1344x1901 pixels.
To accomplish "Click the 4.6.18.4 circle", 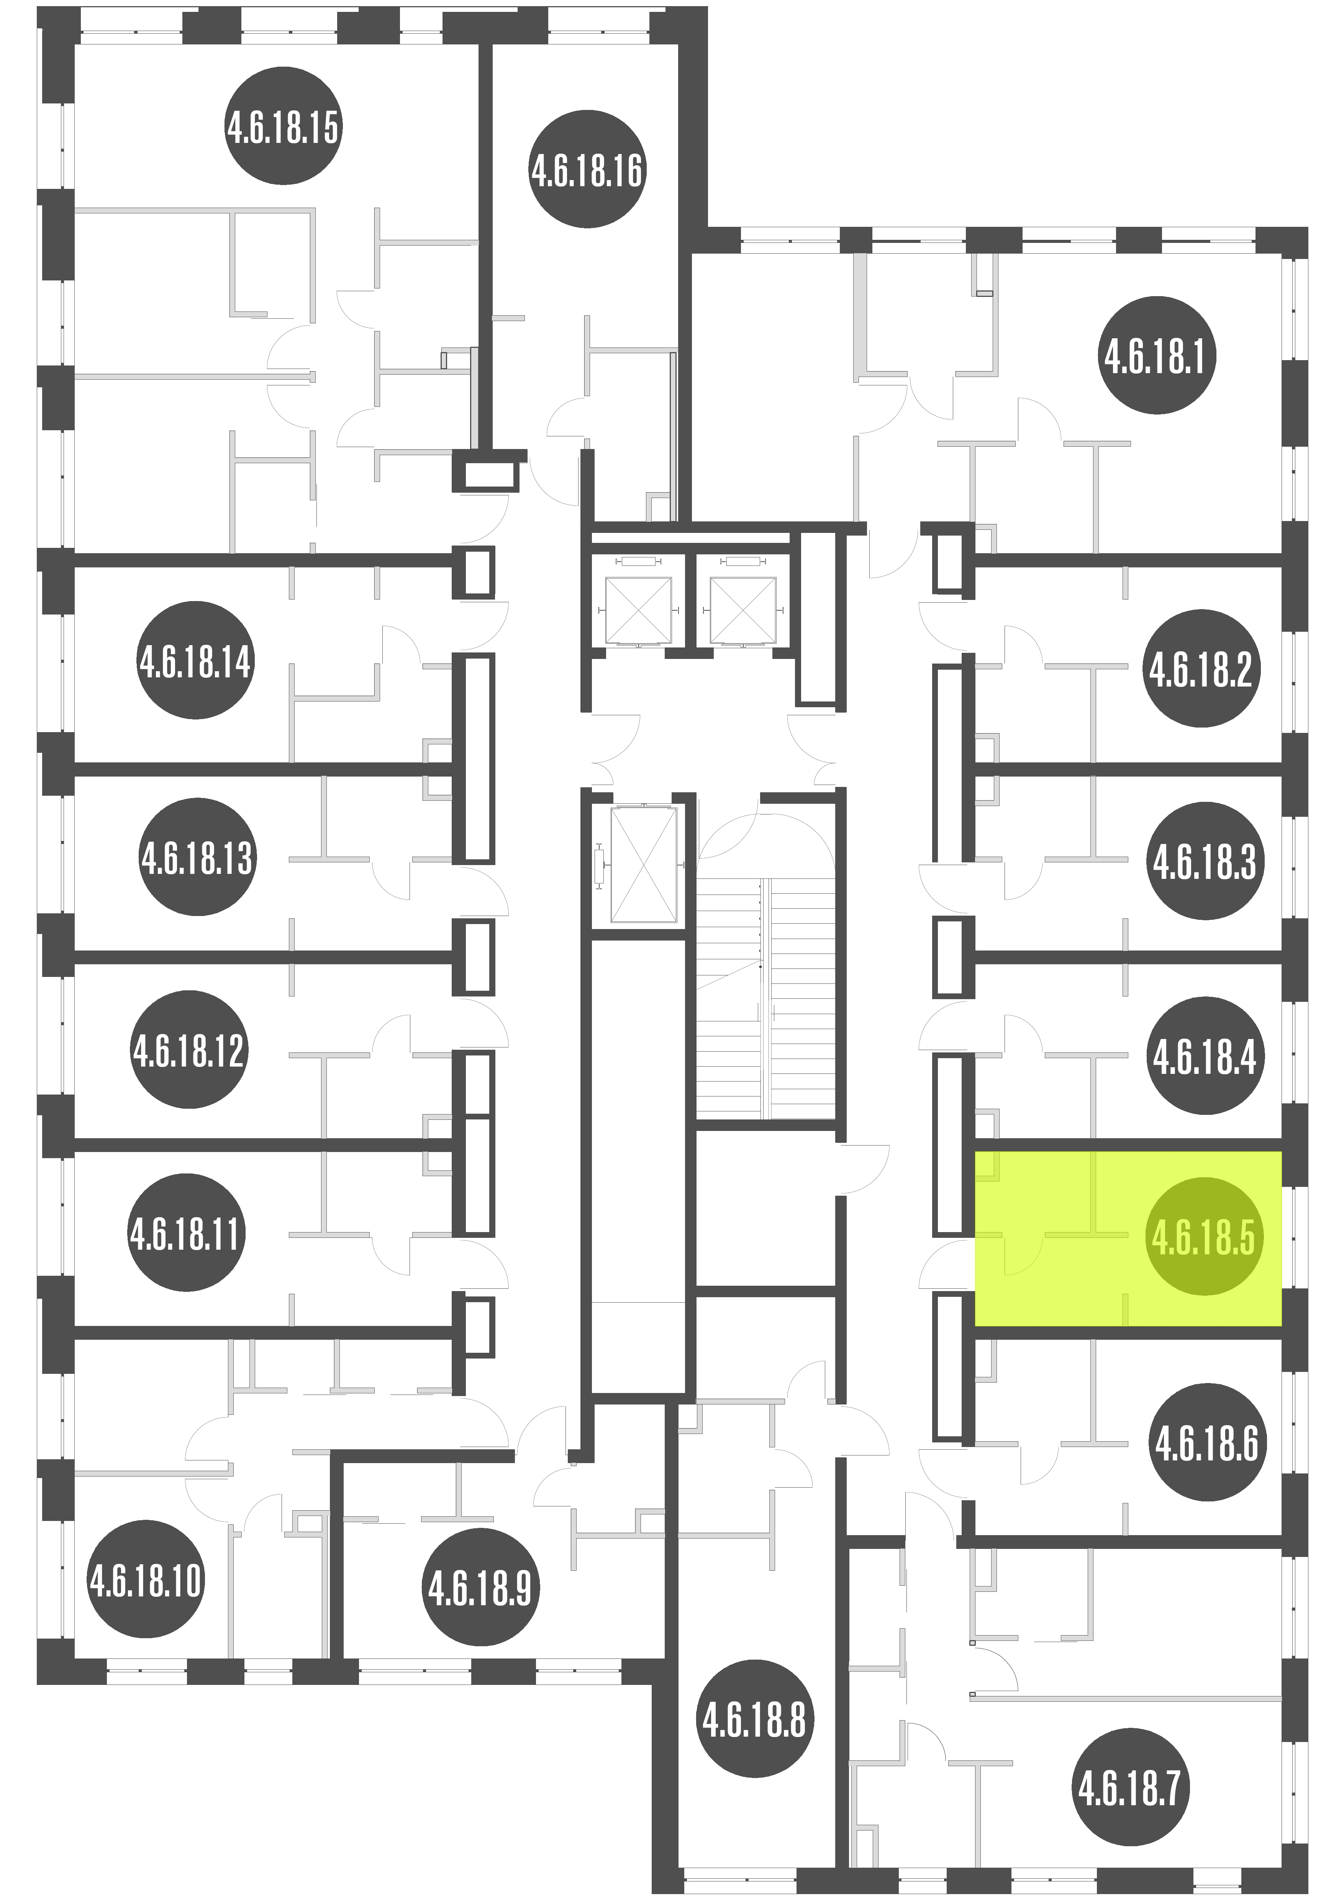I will [1205, 1055].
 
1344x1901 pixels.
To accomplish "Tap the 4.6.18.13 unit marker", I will [197, 857].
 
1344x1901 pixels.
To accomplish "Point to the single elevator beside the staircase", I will [642, 865].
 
